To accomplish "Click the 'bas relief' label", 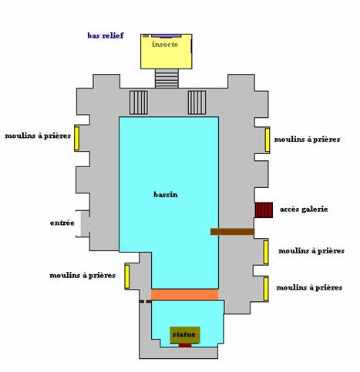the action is [106, 35].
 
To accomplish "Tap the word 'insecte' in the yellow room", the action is [165, 44].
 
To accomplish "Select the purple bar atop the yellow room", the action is [167, 35].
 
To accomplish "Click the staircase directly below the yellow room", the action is [167, 79].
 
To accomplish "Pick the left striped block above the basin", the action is [139, 102].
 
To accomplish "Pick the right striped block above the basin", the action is [197, 102].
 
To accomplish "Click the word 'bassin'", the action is [166, 195].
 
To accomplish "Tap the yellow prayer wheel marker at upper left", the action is [76, 138].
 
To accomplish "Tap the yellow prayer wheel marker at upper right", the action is [267, 140].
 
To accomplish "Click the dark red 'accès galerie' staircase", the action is [264, 210].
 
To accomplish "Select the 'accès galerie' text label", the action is [304, 209].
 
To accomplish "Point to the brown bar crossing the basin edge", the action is [233, 232].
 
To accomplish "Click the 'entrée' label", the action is [62, 223].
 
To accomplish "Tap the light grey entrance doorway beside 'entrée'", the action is [85, 223].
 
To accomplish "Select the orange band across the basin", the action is [185, 295].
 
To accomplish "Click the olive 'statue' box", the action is [185, 335].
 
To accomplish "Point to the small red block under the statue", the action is [185, 345].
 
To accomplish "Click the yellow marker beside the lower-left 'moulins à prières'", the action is [127, 276].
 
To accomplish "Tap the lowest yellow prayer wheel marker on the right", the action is [266, 289].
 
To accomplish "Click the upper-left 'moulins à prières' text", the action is [38, 136].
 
